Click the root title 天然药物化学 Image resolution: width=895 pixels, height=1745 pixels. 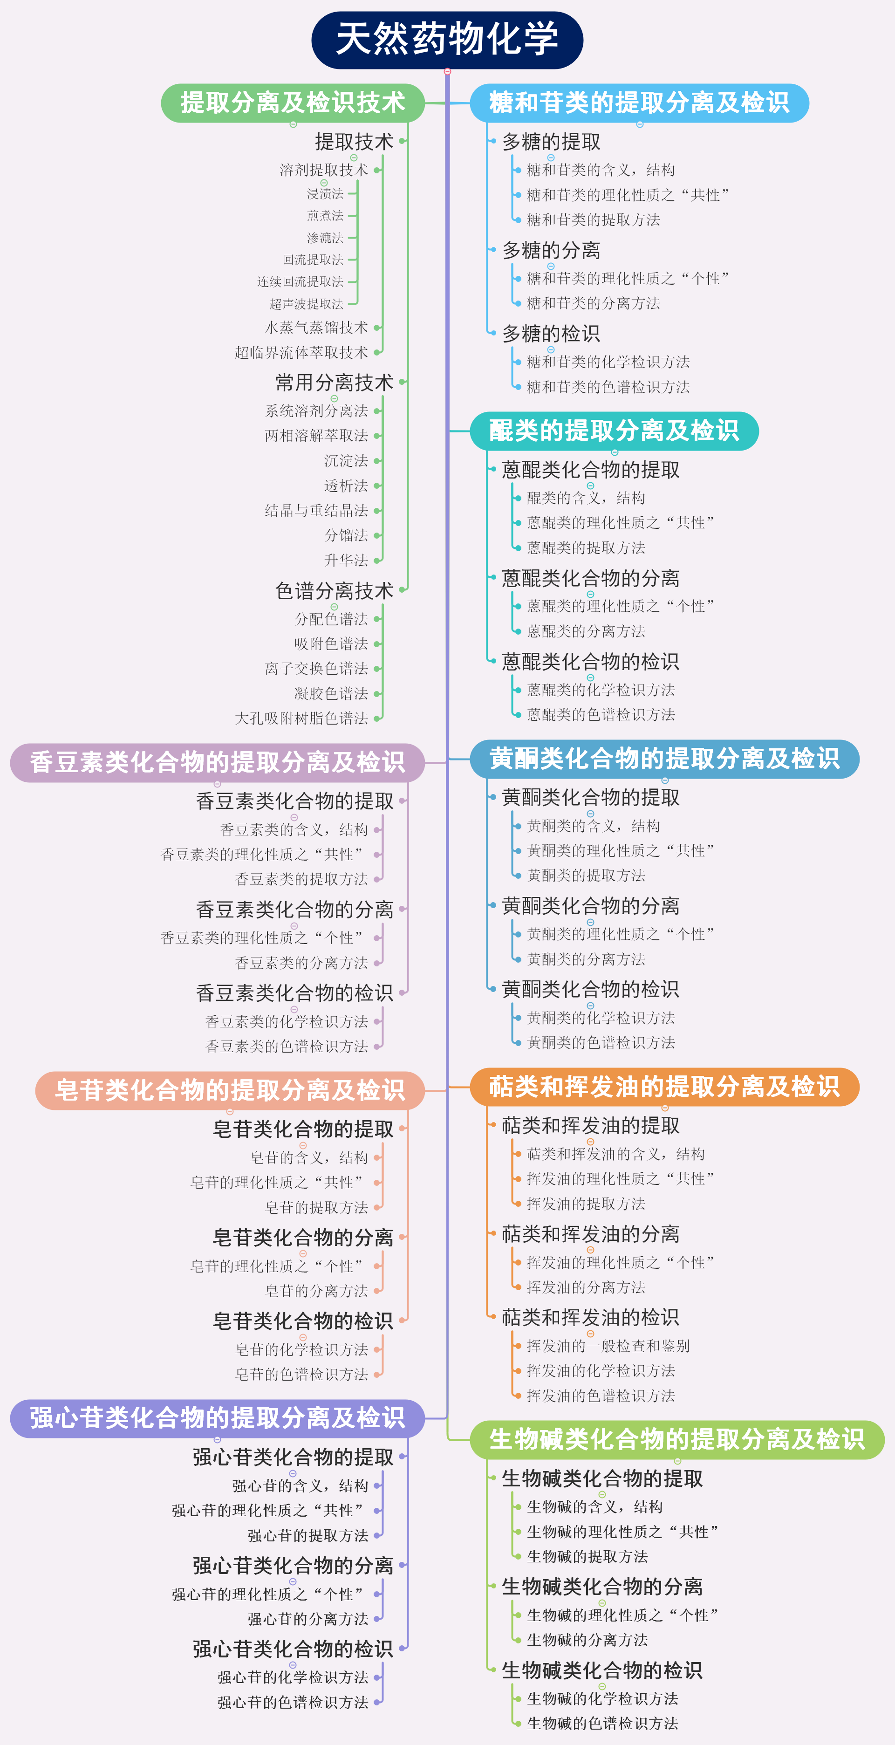pos(447,39)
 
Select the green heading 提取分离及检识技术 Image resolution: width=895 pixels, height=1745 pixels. pos(293,103)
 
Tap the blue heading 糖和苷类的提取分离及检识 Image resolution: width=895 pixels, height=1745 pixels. pos(639,103)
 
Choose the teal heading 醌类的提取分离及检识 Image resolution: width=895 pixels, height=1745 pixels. pos(614,431)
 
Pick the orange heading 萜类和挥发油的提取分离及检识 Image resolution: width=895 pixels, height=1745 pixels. pos(664,1087)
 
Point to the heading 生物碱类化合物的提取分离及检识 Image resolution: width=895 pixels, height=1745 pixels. pos(677,1439)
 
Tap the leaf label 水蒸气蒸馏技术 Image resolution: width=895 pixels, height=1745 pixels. pos(316,328)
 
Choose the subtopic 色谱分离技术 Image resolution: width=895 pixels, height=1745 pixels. pos(334,591)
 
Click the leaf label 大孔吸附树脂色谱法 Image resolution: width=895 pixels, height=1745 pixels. pos(301,718)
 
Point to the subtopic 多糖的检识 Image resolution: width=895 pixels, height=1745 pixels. pos(551,334)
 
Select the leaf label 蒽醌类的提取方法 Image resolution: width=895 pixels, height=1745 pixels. pos(586,547)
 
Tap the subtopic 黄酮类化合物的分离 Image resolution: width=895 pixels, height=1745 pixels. pos(590,906)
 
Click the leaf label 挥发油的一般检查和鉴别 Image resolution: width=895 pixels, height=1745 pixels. pos(608,1346)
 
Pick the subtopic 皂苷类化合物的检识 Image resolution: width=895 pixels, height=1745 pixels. pos(303,1321)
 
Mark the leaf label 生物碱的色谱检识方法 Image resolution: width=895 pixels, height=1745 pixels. pos(602,1723)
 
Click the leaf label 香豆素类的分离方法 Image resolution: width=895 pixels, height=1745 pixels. pos(301,963)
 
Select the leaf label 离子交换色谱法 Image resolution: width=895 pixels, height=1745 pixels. pos(316,669)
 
